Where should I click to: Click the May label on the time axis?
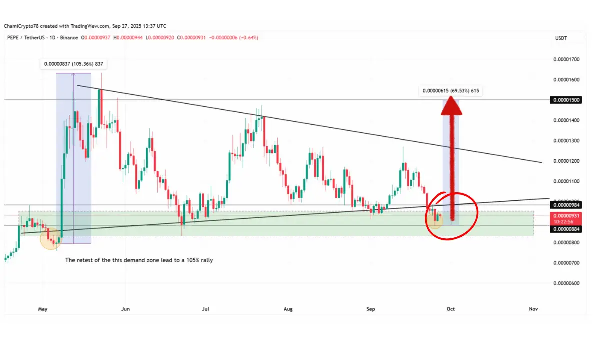click(x=42, y=309)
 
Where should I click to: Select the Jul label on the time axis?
click(x=205, y=309)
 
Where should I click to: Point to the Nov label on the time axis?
click(x=533, y=309)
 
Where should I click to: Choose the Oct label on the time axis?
click(x=451, y=309)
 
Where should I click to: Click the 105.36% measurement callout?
click(x=74, y=64)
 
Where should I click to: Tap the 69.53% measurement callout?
click(x=452, y=91)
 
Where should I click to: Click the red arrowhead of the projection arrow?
click(x=452, y=106)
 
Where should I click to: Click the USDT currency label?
click(x=561, y=38)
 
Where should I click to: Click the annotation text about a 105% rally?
click(x=139, y=260)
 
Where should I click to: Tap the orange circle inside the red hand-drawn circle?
click(x=434, y=220)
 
